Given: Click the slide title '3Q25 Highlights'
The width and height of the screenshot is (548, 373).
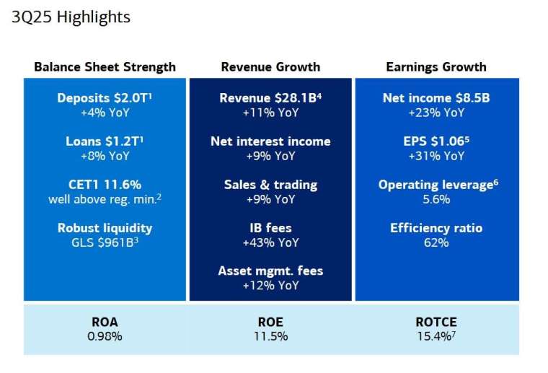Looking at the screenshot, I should (71, 17).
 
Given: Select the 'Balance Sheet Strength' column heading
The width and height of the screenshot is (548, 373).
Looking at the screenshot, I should (105, 67).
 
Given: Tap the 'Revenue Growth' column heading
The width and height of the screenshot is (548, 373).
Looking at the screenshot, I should (270, 67).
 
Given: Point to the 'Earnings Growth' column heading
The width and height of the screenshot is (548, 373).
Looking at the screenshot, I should (436, 67).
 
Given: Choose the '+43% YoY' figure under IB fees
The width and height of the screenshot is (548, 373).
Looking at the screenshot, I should (270, 242).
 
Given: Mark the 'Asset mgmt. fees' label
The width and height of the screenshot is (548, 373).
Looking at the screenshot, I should (270, 271).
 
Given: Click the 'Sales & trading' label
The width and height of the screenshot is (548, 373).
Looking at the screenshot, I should (270, 185).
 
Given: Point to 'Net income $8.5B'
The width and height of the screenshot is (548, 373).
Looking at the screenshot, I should (436, 97).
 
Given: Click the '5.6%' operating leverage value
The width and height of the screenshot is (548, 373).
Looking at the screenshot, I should (436, 199).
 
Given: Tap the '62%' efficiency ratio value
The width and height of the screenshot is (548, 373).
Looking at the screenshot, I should (436, 242).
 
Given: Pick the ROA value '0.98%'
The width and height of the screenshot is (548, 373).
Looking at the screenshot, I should (105, 336).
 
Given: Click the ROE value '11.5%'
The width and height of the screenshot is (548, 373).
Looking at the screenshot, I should (270, 336).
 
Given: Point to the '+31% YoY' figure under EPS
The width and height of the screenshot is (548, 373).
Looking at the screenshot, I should (436, 155).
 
